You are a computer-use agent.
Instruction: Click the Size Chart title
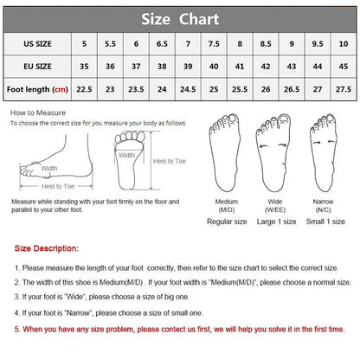(x=180, y=19)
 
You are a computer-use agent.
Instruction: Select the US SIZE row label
(x=37, y=44)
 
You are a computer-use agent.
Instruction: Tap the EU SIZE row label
(x=37, y=67)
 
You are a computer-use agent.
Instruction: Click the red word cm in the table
(x=60, y=89)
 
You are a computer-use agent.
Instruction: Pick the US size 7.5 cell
(x=214, y=44)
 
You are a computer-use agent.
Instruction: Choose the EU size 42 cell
(x=266, y=67)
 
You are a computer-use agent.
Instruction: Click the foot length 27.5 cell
(x=344, y=89)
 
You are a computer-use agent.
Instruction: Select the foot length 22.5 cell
(x=84, y=89)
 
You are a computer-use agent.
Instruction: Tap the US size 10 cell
(x=344, y=44)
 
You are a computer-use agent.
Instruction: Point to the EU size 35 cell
(x=84, y=67)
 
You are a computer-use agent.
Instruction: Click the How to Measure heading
(x=38, y=112)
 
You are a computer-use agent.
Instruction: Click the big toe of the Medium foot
(x=233, y=119)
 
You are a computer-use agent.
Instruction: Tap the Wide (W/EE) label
(x=275, y=206)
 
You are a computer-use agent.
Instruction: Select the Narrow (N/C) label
(x=323, y=206)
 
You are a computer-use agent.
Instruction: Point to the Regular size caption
(x=227, y=222)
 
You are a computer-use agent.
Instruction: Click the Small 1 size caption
(x=325, y=222)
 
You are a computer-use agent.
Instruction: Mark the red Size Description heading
(x=47, y=248)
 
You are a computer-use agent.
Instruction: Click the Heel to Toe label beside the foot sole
(x=170, y=161)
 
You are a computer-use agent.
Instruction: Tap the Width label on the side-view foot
(x=49, y=168)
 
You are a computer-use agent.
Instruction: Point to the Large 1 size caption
(x=276, y=222)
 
